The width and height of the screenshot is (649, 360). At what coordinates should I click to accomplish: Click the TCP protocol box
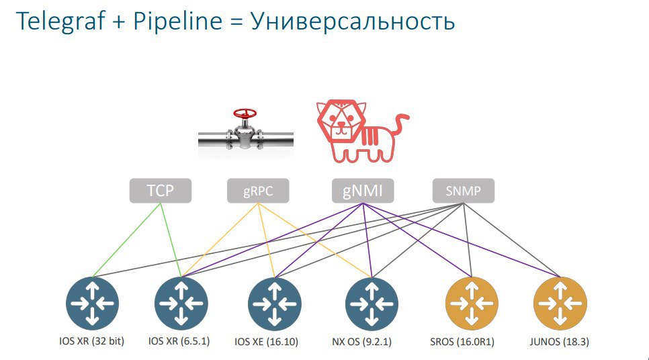click(x=161, y=191)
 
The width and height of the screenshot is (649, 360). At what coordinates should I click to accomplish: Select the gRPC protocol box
click(x=258, y=191)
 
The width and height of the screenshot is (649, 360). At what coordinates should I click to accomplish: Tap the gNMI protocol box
click(x=363, y=191)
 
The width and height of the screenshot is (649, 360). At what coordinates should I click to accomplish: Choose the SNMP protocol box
click(x=463, y=191)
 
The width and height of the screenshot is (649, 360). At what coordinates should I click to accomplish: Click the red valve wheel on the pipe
click(x=245, y=113)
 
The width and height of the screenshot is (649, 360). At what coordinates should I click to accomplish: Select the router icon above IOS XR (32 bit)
click(x=92, y=304)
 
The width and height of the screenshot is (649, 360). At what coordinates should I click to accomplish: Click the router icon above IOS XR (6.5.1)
click(x=181, y=304)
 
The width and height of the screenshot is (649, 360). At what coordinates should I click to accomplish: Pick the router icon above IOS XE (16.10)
click(x=274, y=304)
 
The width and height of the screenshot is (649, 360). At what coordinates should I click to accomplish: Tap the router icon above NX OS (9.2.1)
click(x=372, y=304)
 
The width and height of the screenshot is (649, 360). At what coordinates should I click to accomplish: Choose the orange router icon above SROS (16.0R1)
click(x=472, y=304)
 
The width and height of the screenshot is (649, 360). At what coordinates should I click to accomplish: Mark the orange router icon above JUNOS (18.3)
click(x=560, y=304)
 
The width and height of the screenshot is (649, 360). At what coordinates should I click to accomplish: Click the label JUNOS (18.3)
click(x=559, y=342)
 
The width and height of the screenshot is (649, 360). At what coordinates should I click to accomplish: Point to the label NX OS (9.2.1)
click(x=361, y=342)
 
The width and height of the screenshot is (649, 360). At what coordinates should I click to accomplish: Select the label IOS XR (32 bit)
click(x=91, y=341)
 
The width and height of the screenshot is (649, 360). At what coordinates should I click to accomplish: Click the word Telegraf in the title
click(x=60, y=21)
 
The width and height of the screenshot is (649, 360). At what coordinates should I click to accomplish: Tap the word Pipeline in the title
click(x=178, y=21)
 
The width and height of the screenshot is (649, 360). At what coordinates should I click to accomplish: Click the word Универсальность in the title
click(x=353, y=21)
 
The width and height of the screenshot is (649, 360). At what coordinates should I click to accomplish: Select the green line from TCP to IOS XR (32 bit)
click(x=126, y=240)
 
